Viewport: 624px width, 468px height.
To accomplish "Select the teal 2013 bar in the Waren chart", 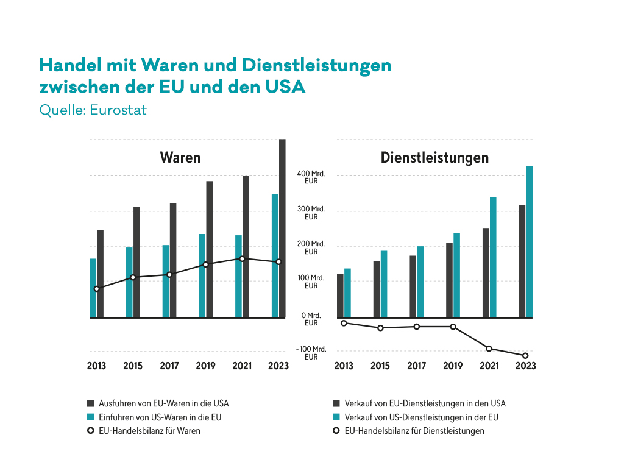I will [x=93, y=288].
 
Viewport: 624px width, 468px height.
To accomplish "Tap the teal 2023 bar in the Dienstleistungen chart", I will [x=530, y=242].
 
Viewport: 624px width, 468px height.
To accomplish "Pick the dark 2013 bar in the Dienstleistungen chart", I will [x=340, y=296].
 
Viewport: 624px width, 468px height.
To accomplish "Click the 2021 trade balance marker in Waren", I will [x=242, y=259].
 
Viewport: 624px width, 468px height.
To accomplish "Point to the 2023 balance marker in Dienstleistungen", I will [x=525, y=356].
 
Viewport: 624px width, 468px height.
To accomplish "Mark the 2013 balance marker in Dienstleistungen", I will [x=344, y=323].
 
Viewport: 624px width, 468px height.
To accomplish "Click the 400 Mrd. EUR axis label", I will [x=311, y=177].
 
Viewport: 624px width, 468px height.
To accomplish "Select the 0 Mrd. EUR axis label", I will [x=311, y=319].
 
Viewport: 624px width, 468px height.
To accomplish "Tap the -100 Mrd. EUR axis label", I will [x=311, y=353].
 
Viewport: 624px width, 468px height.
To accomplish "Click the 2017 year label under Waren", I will [x=169, y=366].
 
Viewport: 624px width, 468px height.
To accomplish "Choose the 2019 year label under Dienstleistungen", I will [x=453, y=366].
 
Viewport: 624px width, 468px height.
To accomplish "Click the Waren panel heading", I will [x=180, y=158].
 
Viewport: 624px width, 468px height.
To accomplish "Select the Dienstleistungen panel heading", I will [x=434, y=158].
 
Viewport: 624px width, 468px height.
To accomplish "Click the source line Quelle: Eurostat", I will [x=93, y=111].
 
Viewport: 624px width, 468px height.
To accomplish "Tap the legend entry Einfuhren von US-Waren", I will [x=160, y=417].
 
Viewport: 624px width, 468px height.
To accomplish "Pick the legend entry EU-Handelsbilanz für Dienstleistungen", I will [x=414, y=431].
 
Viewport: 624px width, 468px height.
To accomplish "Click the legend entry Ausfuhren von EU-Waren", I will [x=163, y=403].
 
